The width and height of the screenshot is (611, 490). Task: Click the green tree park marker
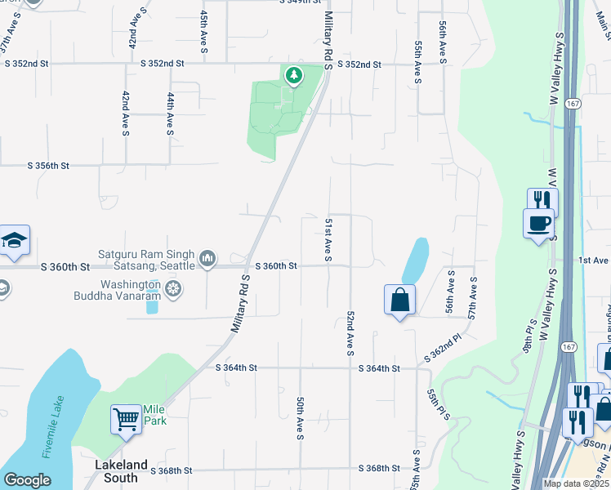coord(293,76)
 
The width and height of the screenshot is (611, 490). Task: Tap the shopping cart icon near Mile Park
coord(127,420)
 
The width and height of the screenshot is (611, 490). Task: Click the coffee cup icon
coord(538,224)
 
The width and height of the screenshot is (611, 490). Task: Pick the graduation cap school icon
coord(15,241)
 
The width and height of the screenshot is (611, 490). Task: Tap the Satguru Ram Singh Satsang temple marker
coord(208,259)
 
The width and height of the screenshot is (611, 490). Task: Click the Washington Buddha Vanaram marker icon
coord(172,287)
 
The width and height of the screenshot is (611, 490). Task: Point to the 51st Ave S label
coord(328,240)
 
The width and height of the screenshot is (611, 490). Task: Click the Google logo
coord(27,480)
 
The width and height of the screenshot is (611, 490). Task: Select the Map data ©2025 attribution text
coord(576,483)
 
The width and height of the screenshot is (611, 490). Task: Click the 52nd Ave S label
coord(350,332)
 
